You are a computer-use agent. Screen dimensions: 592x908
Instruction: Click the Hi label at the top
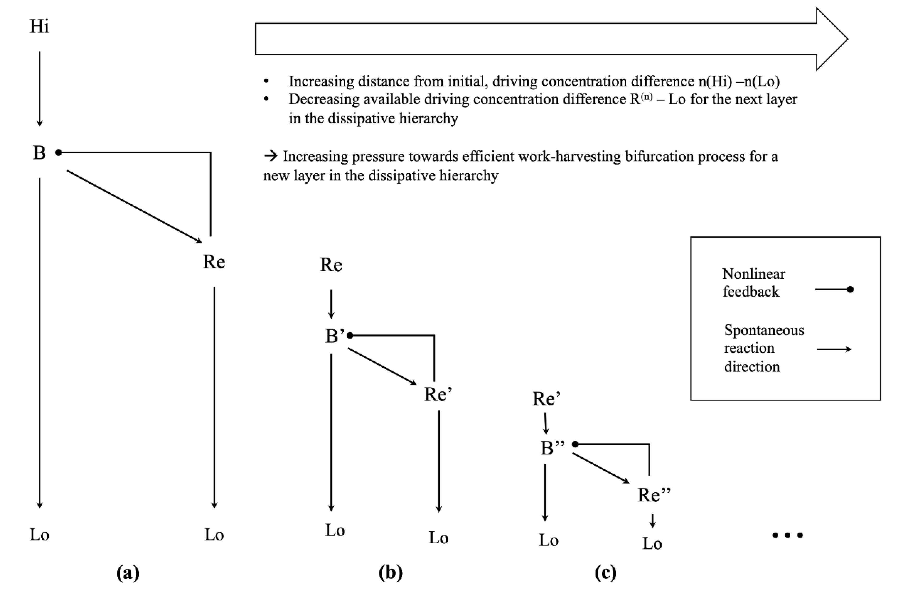click(x=39, y=27)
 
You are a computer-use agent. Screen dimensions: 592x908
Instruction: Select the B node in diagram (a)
click(x=39, y=153)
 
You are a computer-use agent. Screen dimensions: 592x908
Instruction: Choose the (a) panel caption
click(x=128, y=572)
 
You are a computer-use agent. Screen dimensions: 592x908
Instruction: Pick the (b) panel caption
click(x=391, y=572)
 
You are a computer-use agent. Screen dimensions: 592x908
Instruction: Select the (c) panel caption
click(x=605, y=572)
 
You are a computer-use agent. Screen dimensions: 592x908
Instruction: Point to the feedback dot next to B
click(x=58, y=153)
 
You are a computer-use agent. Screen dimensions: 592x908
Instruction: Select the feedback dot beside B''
click(x=575, y=444)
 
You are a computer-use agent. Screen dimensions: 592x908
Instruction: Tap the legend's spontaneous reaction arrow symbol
click(x=834, y=349)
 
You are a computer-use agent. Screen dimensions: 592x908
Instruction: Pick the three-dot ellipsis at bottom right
click(x=788, y=535)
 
